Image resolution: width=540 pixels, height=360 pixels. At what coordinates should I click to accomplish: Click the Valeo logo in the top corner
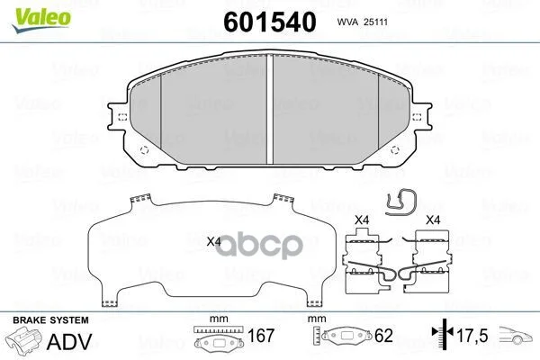(41, 20)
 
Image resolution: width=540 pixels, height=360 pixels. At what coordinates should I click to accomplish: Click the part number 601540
(270, 22)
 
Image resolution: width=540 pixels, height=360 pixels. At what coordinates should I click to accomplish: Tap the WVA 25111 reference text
(363, 22)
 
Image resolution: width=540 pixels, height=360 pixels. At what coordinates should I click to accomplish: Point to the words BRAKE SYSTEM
(50, 320)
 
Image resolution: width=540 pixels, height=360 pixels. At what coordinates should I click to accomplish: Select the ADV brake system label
(69, 341)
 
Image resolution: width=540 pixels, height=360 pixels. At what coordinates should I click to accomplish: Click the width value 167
(261, 336)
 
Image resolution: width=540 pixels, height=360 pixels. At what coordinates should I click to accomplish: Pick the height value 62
(383, 336)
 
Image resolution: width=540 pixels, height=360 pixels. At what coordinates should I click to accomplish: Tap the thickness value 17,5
(472, 336)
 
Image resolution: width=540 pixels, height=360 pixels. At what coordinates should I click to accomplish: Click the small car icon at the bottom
(516, 335)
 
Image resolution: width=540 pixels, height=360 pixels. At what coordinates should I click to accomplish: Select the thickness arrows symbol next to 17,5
(443, 332)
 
